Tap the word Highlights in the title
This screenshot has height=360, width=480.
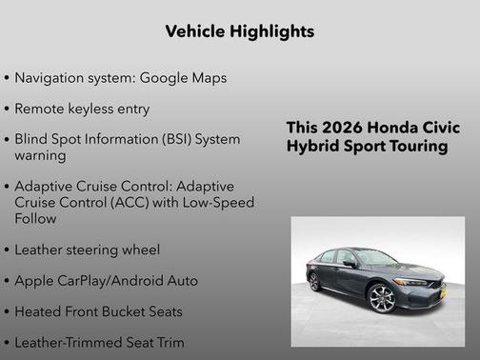coord(273,31)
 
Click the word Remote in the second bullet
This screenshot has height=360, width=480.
coord(41,108)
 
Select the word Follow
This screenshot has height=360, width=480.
coord(35,218)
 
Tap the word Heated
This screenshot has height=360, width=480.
coord(39,310)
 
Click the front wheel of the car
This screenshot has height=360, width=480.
coord(382,298)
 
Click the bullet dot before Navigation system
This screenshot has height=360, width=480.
coord(8,78)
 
